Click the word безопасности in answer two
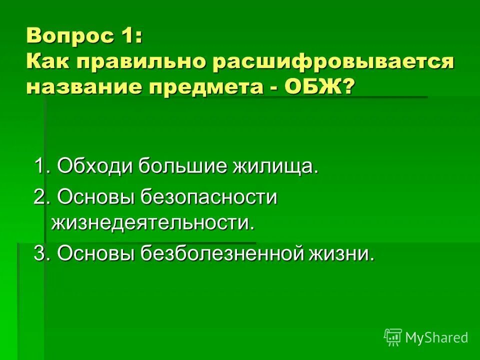pyautogui.click(x=208, y=196)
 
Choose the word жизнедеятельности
pyautogui.click(x=152, y=222)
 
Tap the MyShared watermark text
pyautogui.click(x=436, y=337)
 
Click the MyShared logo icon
pyautogui.click(x=393, y=337)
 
